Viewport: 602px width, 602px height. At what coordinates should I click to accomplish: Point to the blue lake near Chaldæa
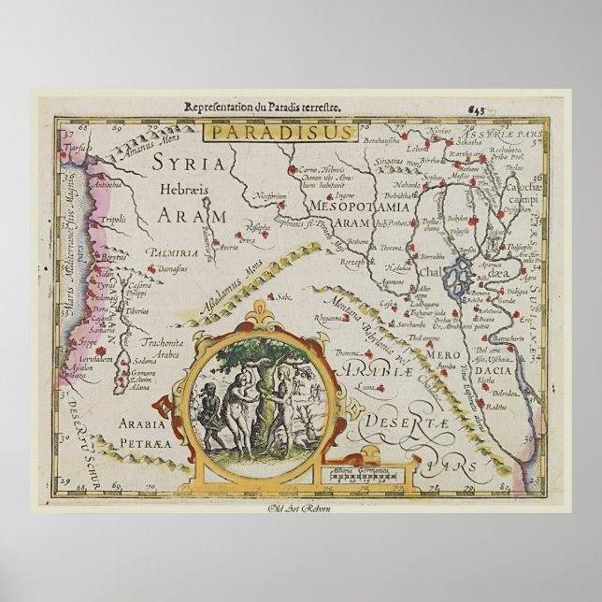[457, 279]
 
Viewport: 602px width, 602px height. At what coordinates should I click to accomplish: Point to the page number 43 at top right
[530, 109]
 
